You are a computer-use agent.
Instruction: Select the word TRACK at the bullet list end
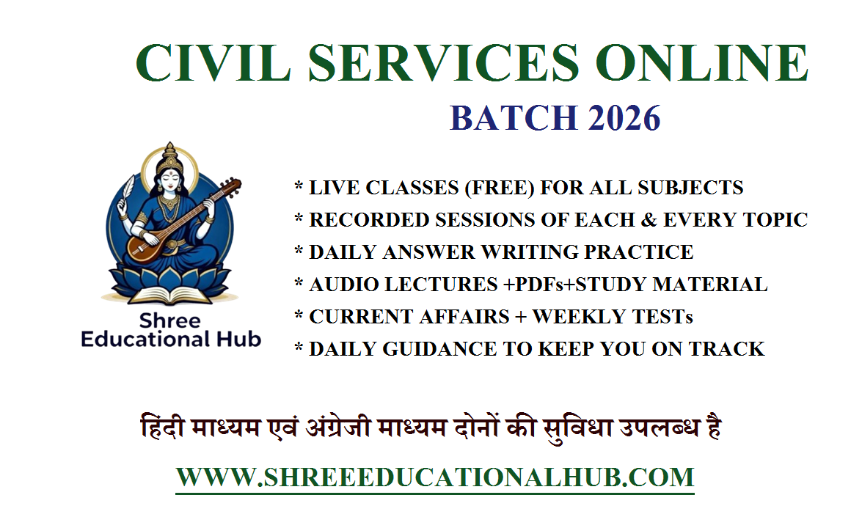[x=729, y=349]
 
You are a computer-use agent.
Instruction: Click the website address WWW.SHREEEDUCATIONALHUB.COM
[x=434, y=477]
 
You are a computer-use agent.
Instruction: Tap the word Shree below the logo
[x=169, y=321]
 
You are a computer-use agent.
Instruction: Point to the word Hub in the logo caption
[x=239, y=340]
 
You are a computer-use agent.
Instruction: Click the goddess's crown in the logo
[x=170, y=156]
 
